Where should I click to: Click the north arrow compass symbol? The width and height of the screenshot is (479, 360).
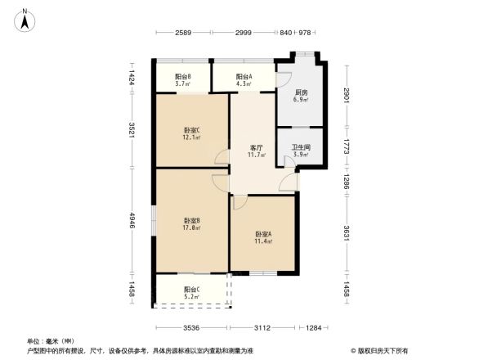click(26, 20)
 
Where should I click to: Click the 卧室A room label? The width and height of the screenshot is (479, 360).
click(263, 236)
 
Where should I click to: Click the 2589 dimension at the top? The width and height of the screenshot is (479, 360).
click(183, 32)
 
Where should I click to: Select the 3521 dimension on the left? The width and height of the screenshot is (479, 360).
click(131, 131)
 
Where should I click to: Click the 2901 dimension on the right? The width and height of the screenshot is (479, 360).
click(347, 94)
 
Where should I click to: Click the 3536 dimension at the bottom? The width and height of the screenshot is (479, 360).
click(191, 328)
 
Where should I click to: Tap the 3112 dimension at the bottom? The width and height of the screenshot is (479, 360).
click(262, 328)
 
